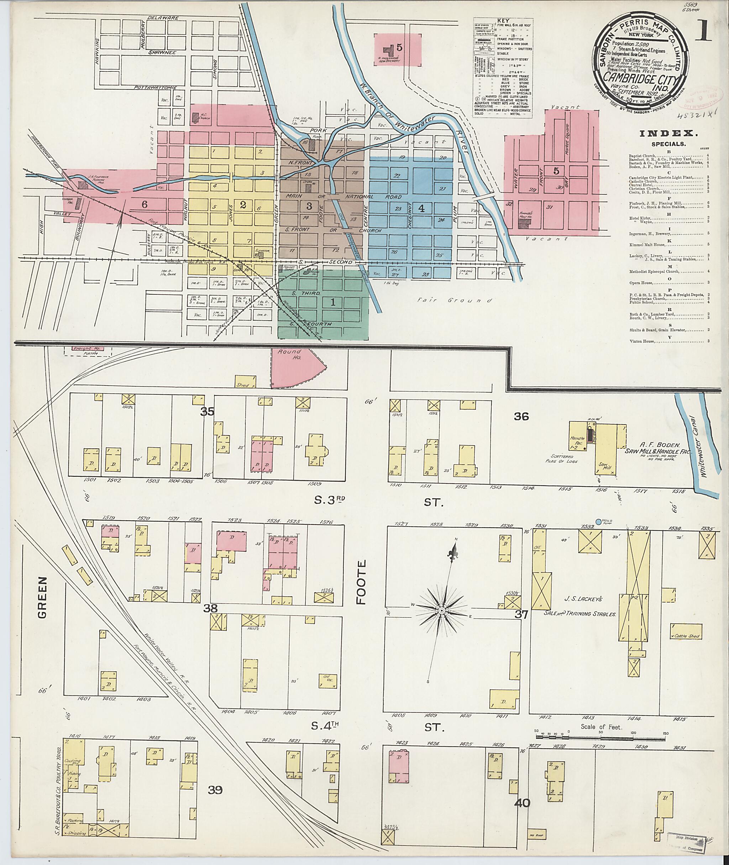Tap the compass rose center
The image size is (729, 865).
pyautogui.click(x=442, y=610)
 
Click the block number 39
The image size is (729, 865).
pyautogui.click(x=215, y=790)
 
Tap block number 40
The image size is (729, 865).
pyautogui.click(x=523, y=803)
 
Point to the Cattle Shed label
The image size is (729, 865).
pyautogui.click(x=687, y=636)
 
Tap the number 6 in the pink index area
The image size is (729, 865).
pyautogui.click(x=144, y=204)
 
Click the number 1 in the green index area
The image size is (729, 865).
pyautogui.click(x=333, y=302)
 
